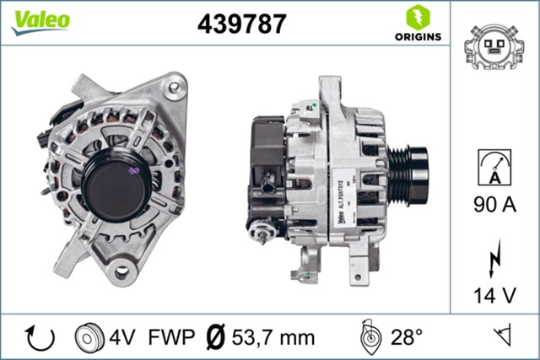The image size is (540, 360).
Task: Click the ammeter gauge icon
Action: coord(493,165)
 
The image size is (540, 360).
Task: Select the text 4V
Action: coord(122,338)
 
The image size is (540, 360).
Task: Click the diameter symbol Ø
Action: coord(215,338)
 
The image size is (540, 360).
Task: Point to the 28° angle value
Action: coord(406,338)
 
